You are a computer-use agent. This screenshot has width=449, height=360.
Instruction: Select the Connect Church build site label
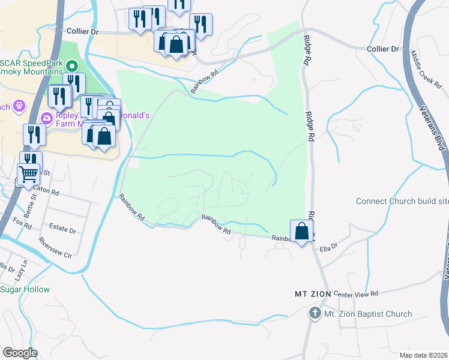402,201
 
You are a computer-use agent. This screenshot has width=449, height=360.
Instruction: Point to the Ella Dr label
330,247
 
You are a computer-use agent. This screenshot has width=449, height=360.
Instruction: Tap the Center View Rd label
358,277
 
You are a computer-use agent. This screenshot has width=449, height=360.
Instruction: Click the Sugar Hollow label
25,289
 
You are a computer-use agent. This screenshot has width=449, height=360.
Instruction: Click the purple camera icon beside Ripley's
46,117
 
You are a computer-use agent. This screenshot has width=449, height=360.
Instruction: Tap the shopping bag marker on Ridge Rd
301,231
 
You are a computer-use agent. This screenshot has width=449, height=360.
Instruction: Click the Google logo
20,352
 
